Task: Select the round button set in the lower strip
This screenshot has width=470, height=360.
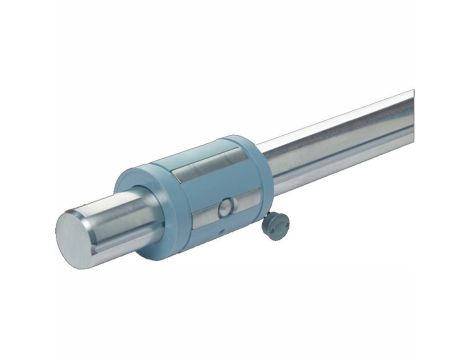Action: coord(226,207)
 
